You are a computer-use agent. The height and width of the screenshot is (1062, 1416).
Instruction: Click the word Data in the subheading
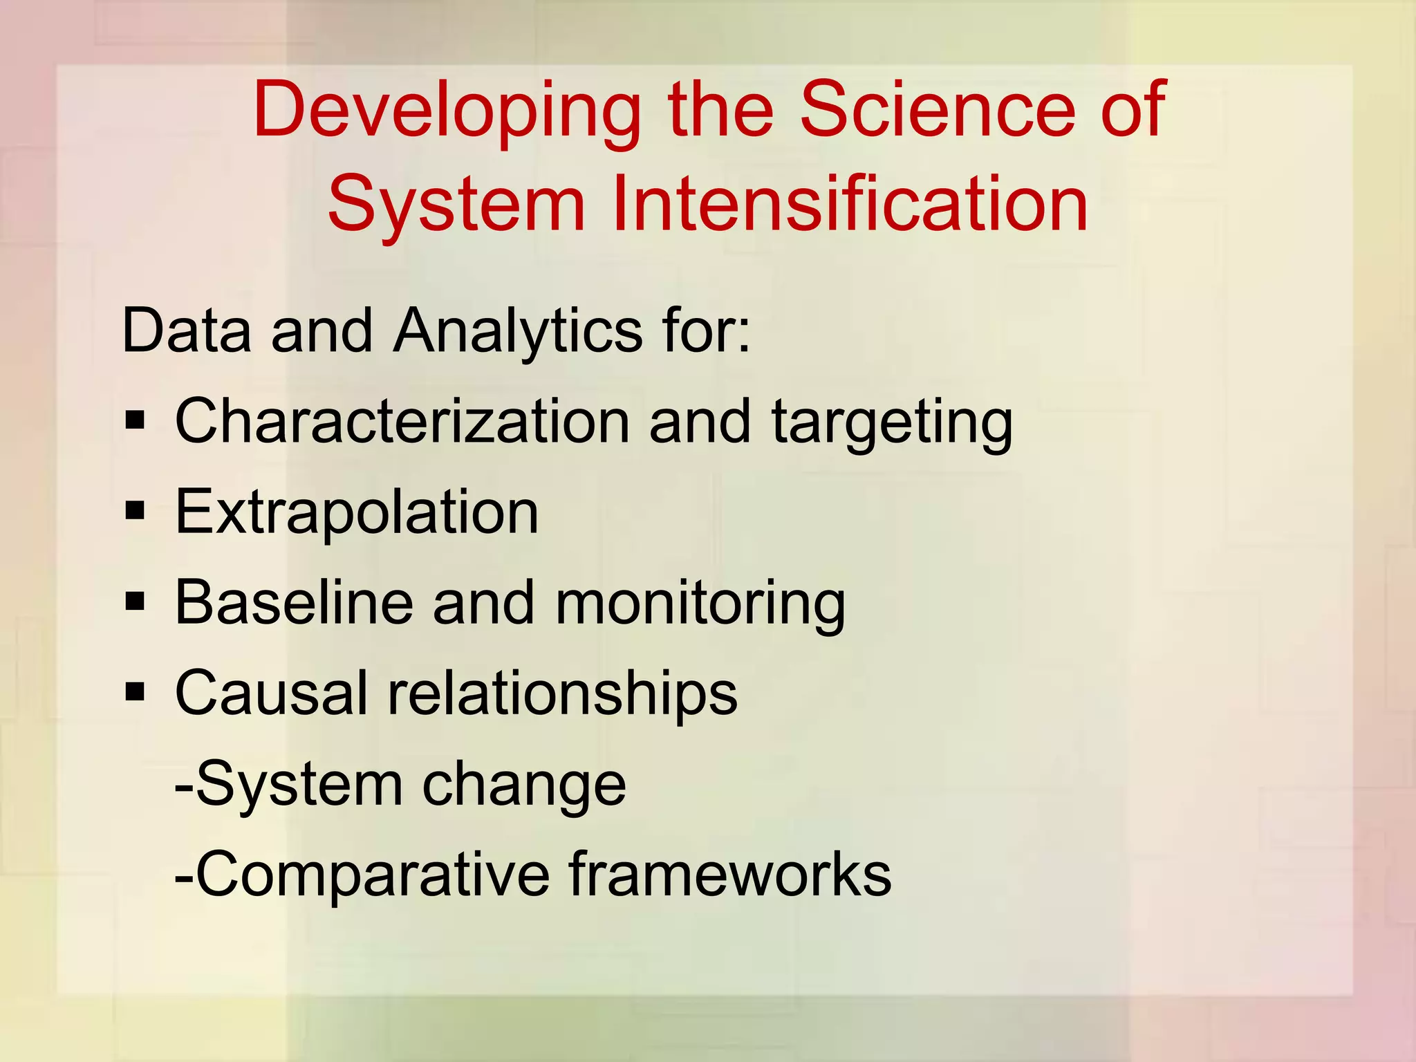click(x=186, y=330)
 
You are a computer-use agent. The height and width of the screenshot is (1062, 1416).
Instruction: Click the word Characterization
click(x=402, y=421)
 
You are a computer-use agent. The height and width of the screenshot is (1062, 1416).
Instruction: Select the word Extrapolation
click(x=357, y=512)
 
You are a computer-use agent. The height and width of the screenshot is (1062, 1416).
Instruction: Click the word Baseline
click(x=294, y=602)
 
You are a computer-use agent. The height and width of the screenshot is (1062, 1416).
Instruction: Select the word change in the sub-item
click(x=524, y=785)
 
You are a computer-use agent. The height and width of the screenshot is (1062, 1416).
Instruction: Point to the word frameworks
click(x=730, y=874)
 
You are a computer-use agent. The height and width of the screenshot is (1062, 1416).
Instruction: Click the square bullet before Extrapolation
click(x=136, y=512)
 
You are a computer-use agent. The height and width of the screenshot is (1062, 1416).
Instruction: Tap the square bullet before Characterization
click(x=136, y=420)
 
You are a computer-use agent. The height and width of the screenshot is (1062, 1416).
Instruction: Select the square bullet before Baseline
click(x=136, y=602)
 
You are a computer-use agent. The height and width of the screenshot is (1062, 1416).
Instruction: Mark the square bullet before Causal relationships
click(x=136, y=692)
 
